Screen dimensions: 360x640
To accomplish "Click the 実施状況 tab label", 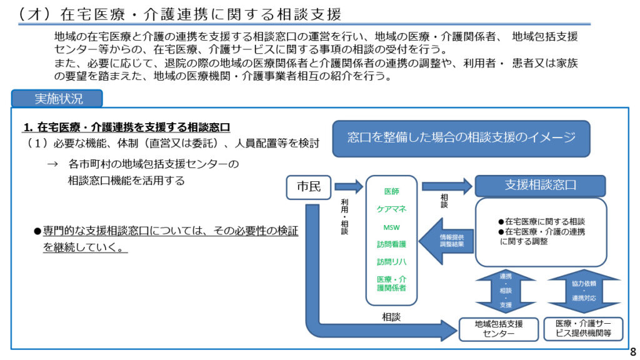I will [x=58, y=98].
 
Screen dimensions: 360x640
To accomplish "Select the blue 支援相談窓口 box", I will [x=540, y=186].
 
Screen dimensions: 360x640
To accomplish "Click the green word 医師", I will [x=391, y=191].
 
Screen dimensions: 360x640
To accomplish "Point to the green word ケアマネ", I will [x=391, y=209].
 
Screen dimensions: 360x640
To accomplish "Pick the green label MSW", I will [x=391, y=226].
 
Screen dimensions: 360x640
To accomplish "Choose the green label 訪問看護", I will [x=391, y=244].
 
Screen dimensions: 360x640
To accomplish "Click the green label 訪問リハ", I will [x=391, y=262].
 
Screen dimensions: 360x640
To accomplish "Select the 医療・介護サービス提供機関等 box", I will [x=584, y=329].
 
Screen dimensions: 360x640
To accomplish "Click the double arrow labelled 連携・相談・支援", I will [x=506, y=291].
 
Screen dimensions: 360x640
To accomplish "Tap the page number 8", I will [x=632, y=351].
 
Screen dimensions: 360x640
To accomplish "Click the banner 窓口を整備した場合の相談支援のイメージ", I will [x=461, y=138].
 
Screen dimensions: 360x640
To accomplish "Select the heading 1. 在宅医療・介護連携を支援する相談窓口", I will [x=127, y=127].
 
